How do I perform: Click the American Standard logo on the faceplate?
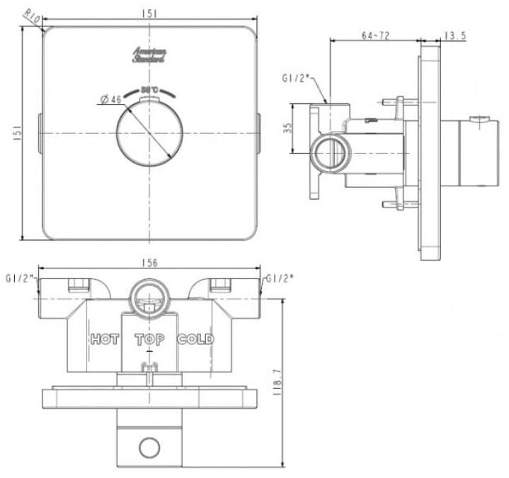[149, 56]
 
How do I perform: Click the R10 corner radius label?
[31, 16]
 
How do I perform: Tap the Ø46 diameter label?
[111, 99]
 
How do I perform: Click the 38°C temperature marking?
[149, 90]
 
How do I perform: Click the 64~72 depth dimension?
[375, 35]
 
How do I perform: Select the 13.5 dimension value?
[454, 35]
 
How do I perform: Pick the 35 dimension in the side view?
[287, 127]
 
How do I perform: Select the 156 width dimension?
[149, 263]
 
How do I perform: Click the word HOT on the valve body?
[105, 339]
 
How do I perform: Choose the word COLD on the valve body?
[195, 339]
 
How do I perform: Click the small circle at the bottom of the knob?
[149, 448]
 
